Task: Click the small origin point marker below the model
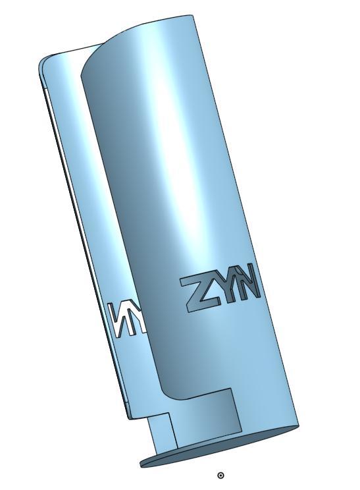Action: coord(220,475)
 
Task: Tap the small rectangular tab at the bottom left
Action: coord(161,431)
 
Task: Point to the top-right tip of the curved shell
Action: coord(192,16)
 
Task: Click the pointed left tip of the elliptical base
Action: coord(141,464)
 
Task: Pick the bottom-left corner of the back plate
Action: coord(129,417)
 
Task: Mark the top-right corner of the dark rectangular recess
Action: coord(232,389)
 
